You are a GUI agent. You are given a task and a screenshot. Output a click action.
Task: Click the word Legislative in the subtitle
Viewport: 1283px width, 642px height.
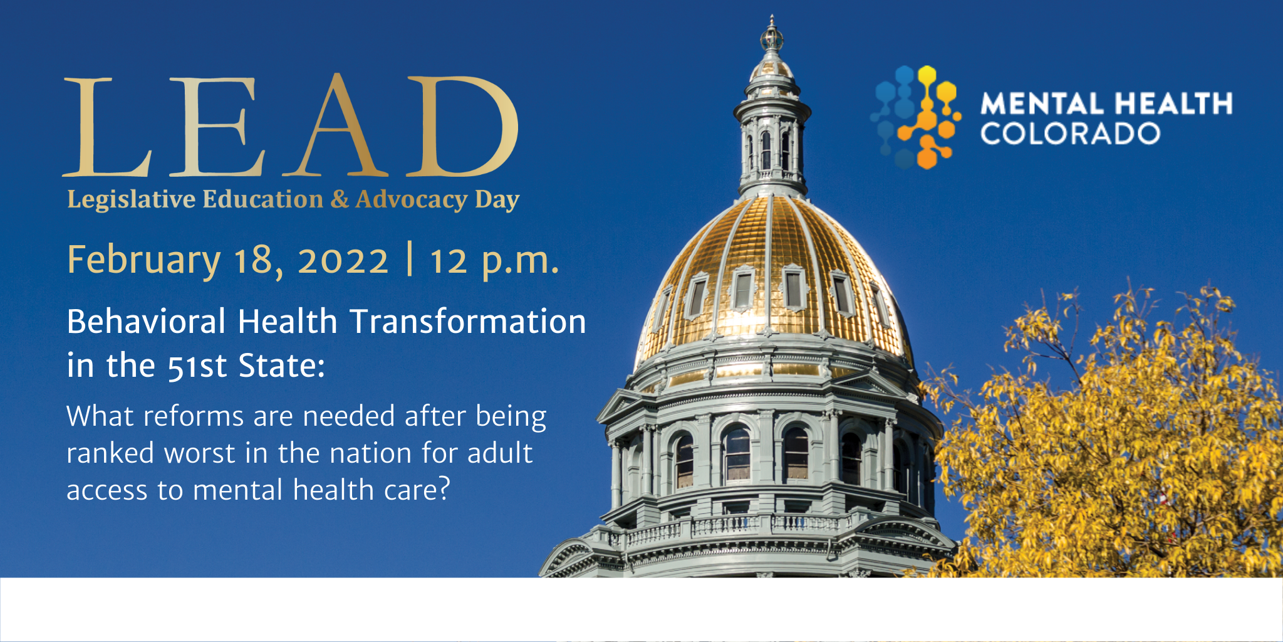point(132,200)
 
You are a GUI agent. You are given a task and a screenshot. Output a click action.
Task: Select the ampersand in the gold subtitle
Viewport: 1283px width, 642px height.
point(339,199)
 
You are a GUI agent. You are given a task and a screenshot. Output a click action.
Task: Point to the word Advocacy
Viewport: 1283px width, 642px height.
point(412,200)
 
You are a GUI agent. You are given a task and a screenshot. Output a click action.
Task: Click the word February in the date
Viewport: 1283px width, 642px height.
point(144,260)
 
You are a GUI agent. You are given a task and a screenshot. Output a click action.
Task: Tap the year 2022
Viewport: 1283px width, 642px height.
point(343,260)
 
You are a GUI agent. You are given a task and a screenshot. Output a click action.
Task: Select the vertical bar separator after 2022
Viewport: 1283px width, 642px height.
point(410,259)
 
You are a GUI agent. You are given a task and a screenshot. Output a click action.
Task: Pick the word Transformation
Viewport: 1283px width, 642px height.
point(468,322)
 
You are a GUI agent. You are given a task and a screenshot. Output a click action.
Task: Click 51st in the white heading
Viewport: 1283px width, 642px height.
point(197,366)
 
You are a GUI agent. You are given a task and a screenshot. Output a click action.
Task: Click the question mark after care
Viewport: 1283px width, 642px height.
point(444,488)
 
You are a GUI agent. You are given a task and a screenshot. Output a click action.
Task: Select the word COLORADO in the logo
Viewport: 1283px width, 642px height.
point(1070,134)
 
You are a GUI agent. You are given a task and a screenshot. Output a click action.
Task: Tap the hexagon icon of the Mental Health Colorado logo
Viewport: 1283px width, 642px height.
point(915,117)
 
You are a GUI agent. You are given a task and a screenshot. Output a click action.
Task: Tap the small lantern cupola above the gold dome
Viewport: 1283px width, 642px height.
point(772,125)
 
